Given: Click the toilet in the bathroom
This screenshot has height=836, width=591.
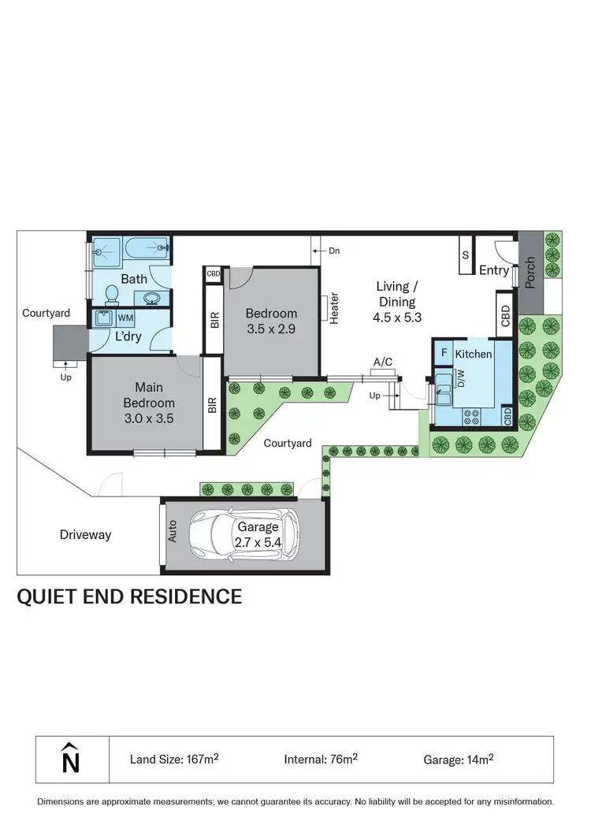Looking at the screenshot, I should pos(112,295).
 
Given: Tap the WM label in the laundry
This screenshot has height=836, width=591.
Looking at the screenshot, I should pos(125,318).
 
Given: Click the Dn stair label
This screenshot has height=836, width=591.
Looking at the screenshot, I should pos(334,251).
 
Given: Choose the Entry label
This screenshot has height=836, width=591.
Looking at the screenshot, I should pos(494,270).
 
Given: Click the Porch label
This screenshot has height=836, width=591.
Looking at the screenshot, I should pos(530,272).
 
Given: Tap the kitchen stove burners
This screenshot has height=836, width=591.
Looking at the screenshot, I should pos(473,418).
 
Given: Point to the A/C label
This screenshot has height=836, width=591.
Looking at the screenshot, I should pos(383,362).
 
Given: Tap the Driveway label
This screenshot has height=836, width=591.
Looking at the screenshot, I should pos(85,535).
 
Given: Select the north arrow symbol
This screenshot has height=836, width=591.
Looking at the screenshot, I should pos(71,760).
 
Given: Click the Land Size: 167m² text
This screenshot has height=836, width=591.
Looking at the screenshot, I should pos(174,760).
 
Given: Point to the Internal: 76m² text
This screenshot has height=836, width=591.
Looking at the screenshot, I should pos(321,760).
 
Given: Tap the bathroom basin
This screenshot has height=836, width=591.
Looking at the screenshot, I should pos(152,298).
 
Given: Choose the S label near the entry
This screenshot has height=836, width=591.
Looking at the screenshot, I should pos(465,255).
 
